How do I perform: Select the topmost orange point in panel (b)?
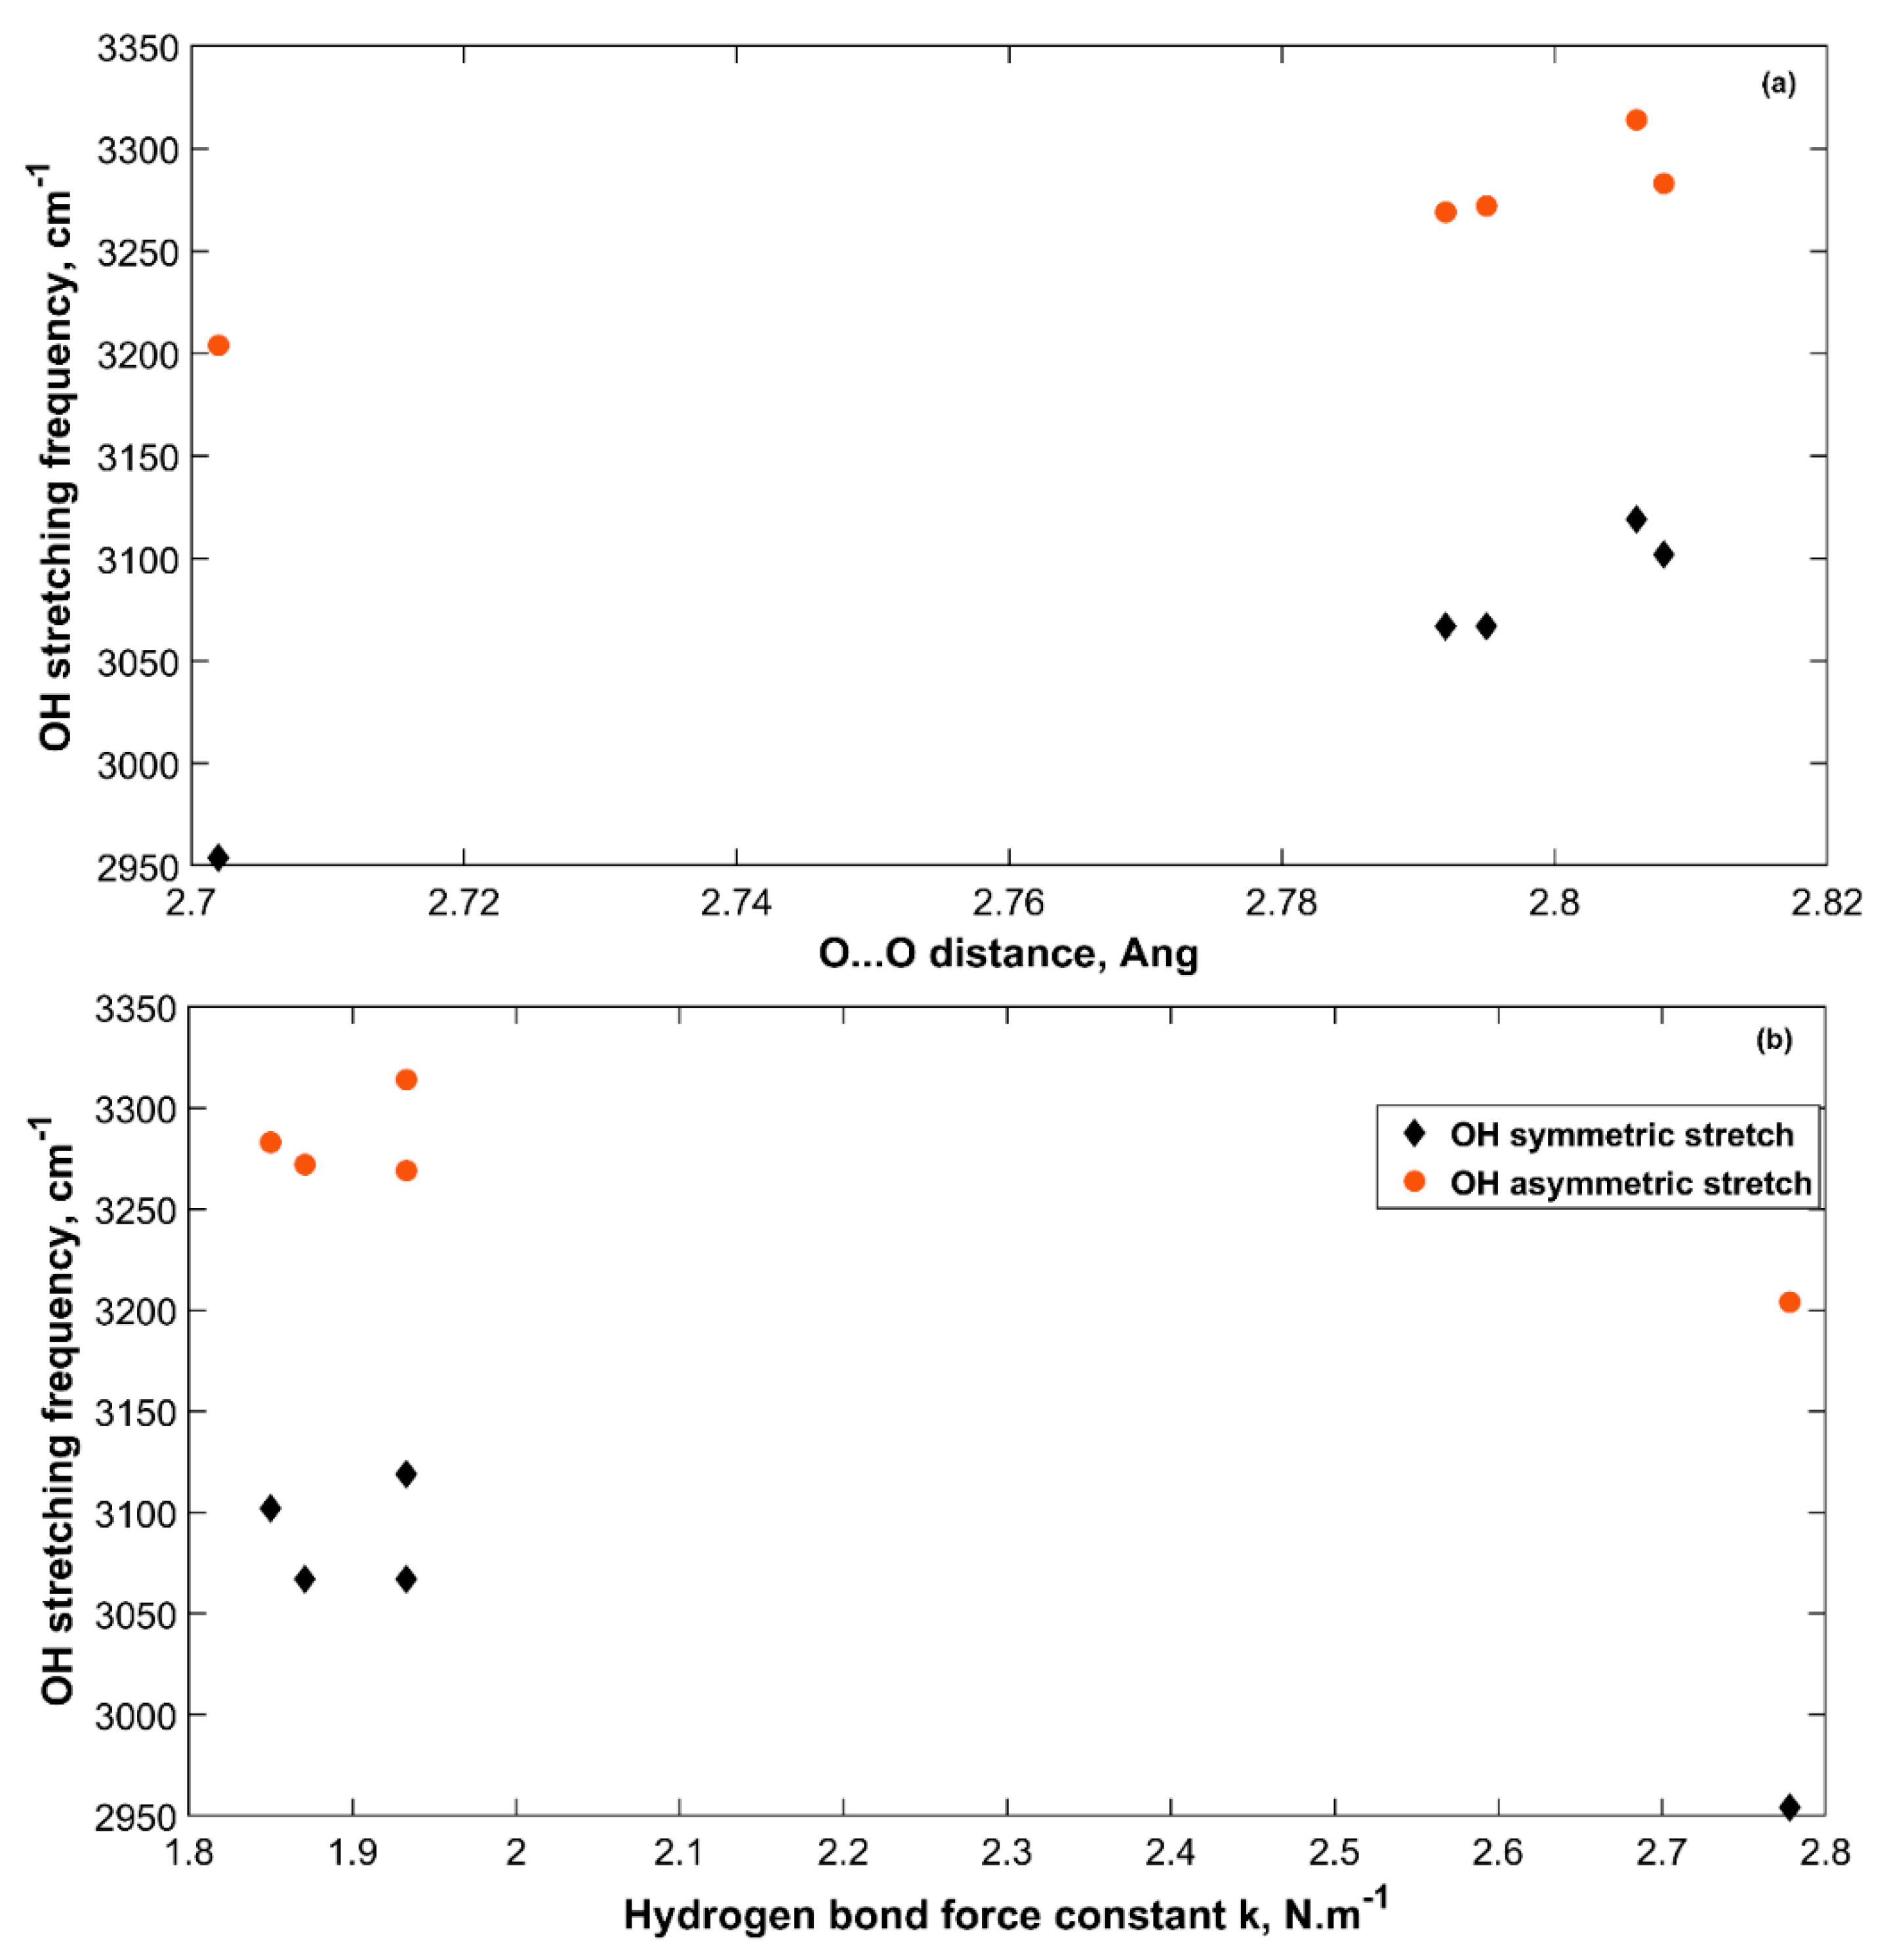(x=406, y=1079)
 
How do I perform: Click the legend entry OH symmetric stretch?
(x=1621, y=1135)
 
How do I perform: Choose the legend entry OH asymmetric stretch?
(x=1629, y=1183)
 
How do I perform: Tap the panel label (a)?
(x=1779, y=85)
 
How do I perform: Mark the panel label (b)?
(x=1775, y=1041)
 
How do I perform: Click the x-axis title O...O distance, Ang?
(x=1007, y=954)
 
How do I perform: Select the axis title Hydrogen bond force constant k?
(x=1005, y=1914)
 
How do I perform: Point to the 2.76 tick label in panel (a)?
(x=1009, y=903)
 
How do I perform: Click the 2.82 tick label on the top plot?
(x=1826, y=903)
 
